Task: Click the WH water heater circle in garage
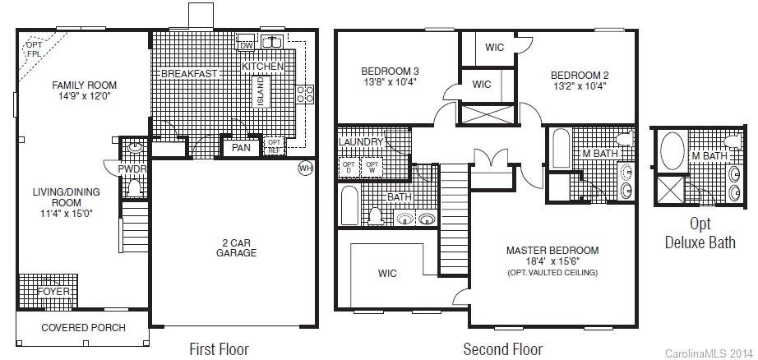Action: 305,168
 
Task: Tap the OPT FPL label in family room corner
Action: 34,49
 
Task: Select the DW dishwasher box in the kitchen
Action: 244,45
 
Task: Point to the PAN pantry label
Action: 240,148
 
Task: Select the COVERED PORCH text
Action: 82,328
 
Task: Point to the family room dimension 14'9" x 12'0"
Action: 84,96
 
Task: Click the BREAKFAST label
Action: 189,73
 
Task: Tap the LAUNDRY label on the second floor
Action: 361,142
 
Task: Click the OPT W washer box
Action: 372,167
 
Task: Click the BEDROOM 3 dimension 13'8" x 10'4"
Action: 391,81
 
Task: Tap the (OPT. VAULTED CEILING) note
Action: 552,272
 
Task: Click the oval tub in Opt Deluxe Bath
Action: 672,155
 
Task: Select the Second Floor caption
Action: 501,348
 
